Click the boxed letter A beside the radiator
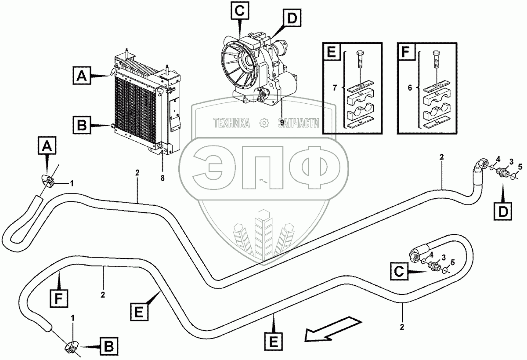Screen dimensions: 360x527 82,76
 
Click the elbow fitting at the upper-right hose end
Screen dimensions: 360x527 481,165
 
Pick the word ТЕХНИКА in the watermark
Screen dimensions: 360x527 231,124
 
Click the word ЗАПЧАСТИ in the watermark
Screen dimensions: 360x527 299,124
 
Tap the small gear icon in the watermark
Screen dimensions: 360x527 264,124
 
